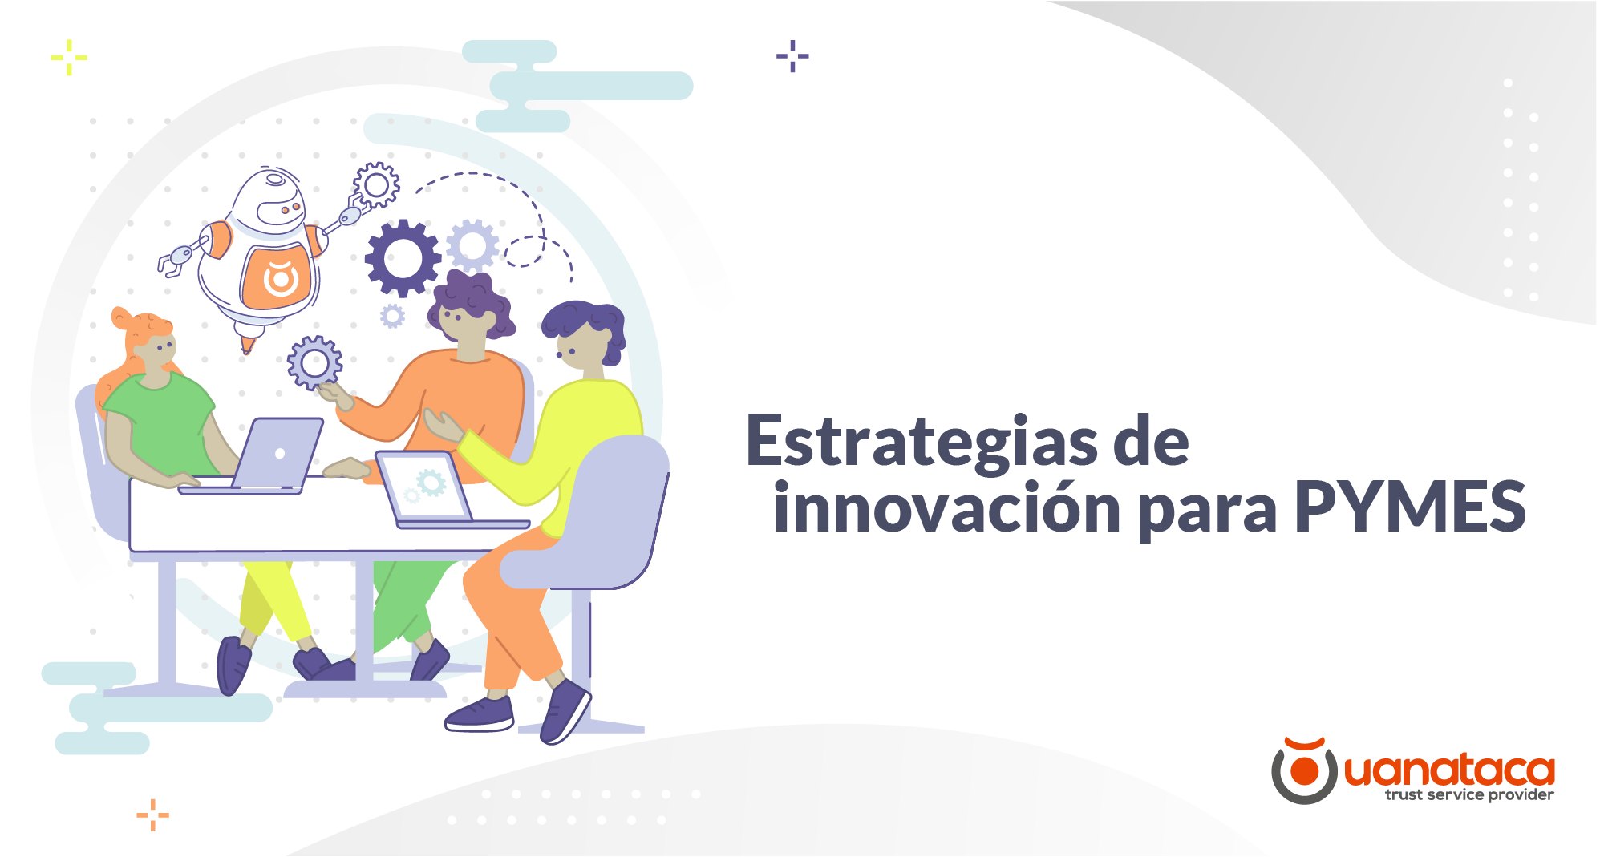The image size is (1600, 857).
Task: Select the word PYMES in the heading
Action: coord(1410,506)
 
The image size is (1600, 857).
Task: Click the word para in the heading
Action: coord(1207,514)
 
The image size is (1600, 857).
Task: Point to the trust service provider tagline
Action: coord(1468,795)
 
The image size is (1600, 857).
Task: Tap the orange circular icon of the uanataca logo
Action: coord(1304,770)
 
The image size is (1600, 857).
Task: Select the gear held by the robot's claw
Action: coord(375,185)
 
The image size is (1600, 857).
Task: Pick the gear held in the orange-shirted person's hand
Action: coord(314,362)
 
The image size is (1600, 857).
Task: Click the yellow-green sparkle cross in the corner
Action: coord(69,58)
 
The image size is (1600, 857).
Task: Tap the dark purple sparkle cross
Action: coord(792,56)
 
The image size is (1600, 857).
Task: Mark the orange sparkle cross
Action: coord(152,815)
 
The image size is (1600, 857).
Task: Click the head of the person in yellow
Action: coord(583,336)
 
